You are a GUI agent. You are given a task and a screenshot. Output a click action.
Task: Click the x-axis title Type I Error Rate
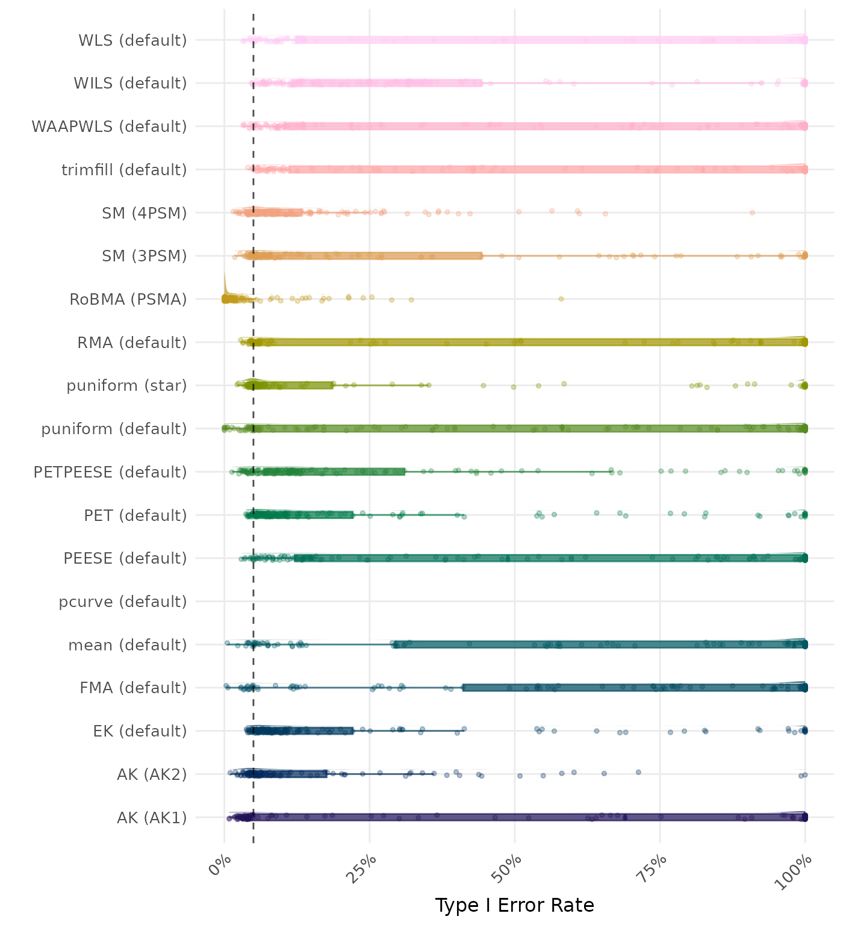514,905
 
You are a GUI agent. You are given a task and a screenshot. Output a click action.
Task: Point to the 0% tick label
220,865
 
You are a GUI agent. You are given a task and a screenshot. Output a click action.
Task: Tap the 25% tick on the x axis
365,867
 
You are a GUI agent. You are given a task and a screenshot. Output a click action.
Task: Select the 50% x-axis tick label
510,867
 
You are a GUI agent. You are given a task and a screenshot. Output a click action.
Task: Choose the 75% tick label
655,867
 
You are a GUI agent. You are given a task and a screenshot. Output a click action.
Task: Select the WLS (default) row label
132,40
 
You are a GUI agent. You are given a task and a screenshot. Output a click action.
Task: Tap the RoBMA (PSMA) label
128,299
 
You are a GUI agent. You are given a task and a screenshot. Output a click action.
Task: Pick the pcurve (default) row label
123,602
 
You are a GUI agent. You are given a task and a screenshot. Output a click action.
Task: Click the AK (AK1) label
152,818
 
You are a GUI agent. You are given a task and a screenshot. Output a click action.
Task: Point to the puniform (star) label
126,385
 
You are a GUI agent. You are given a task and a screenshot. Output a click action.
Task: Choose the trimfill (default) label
124,170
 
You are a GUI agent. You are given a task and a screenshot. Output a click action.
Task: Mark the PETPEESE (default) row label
110,472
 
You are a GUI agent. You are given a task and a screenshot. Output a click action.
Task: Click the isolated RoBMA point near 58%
561,299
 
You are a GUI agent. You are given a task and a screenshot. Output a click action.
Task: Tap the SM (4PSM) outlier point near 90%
752,213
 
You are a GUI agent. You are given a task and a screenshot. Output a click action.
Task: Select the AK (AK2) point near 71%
638,772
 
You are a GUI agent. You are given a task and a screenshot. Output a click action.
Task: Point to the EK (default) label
140,731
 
